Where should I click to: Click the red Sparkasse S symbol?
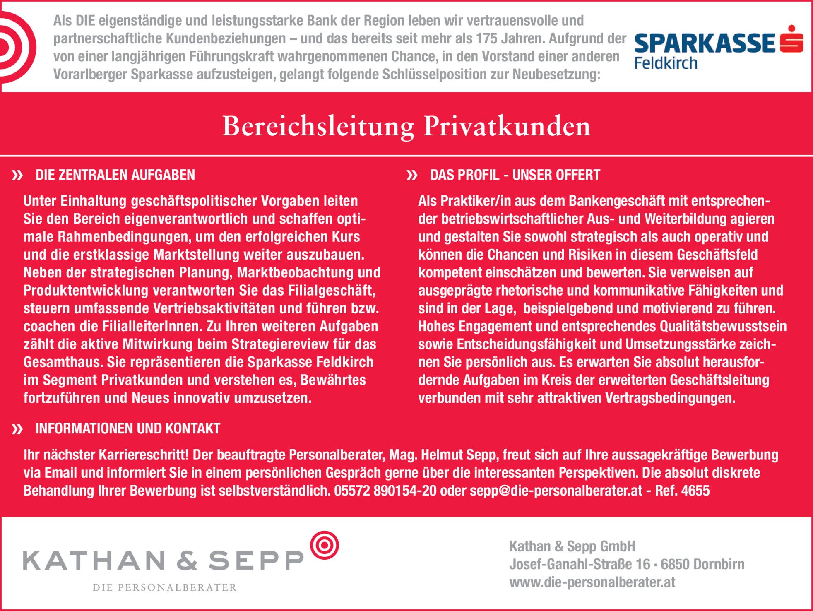tap(791, 40)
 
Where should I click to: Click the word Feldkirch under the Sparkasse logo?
tap(666, 63)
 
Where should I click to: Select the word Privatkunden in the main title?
tap(507, 126)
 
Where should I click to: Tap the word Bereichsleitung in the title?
tap(318, 126)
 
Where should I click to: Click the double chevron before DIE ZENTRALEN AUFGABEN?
tap(17, 176)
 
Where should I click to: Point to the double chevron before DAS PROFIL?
tap(412, 176)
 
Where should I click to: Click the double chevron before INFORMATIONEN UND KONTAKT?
tap(17, 429)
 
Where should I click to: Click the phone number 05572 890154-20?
tap(385, 491)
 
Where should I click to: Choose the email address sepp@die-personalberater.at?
tap(556, 491)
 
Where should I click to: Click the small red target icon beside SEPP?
tap(325, 545)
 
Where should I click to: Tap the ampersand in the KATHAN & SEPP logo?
tap(187, 561)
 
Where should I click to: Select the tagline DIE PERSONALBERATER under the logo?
tap(164, 587)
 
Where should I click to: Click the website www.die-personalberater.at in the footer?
tap(592, 582)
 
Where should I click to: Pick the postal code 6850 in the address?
tap(675, 564)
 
